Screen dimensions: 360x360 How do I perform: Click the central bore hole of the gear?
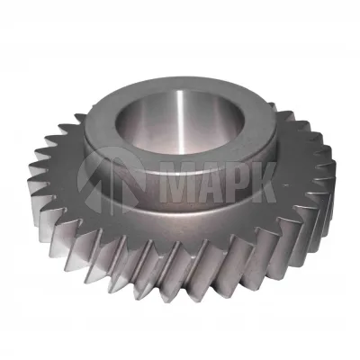179,121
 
